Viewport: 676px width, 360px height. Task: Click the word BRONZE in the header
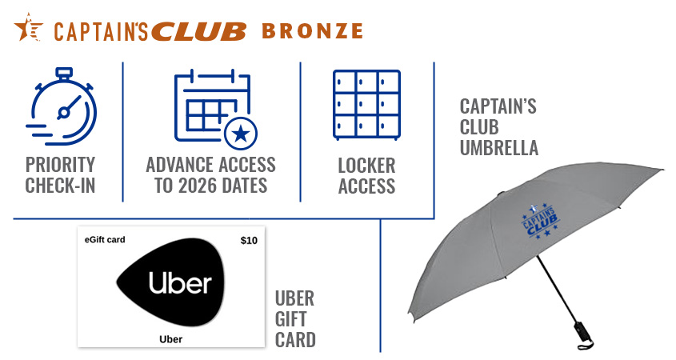click(x=312, y=31)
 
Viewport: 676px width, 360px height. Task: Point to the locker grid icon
click(x=366, y=104)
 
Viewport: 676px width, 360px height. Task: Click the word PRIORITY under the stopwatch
click(x=60, y=166)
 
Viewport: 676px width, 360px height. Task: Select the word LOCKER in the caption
click(x=366, y=166)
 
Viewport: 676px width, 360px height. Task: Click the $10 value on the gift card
click(x=249, y=240)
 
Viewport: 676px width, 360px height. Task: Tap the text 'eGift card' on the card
click(x=105, y=239)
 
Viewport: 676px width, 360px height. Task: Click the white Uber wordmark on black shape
click(x=179, y=284)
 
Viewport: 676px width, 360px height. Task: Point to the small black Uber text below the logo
click(x=170, y=339)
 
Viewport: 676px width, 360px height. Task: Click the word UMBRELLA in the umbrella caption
click(x=498, y=148)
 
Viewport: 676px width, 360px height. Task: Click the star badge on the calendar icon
click(x=238, y=134)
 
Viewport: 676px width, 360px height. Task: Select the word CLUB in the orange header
click(x=198, y=31)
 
